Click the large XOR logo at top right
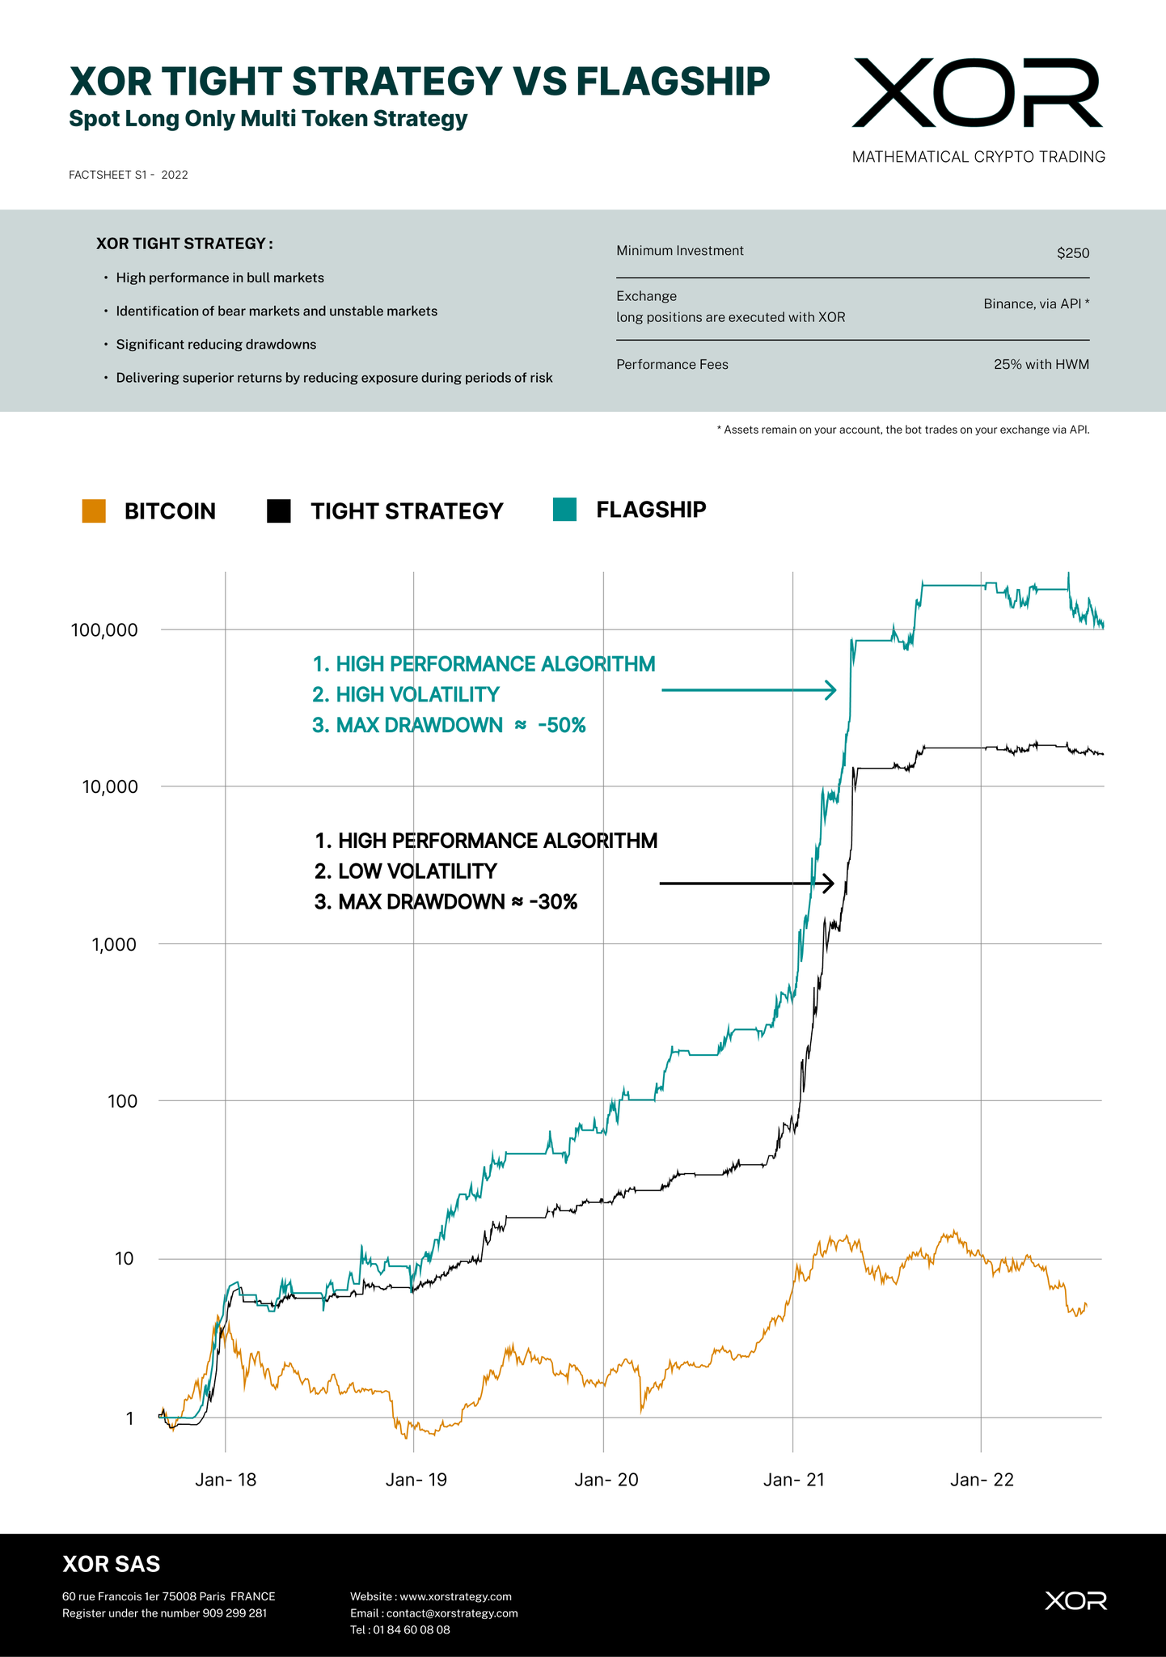point(977,93)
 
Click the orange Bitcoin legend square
point(94,511)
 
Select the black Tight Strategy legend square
point(279,511)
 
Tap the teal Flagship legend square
point(564,510)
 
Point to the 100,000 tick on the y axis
point(104,630)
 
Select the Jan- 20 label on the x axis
point(606,1481)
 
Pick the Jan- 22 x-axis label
point(982,1481)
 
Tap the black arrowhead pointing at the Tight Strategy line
point(828,884)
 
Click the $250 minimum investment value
point(1073,253)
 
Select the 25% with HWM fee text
point(1041,365)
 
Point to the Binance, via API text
point(1036,304)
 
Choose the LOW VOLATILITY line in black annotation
point(417,871)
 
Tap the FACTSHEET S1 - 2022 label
point(129,175)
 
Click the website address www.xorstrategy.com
point(455,1596)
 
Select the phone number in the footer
point(411,1629)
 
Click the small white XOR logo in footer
point(1075,1600)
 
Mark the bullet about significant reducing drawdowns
point(216,345)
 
